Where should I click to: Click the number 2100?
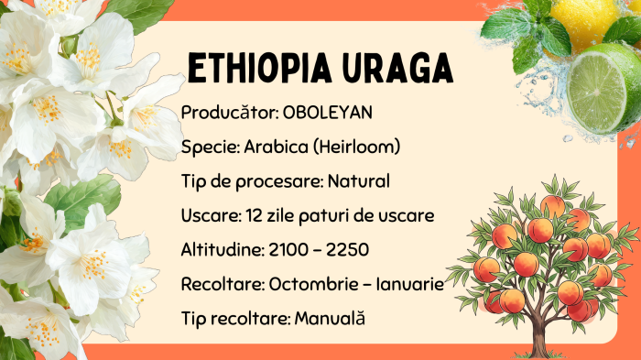coord(288,249)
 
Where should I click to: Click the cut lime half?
coord(599,90)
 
